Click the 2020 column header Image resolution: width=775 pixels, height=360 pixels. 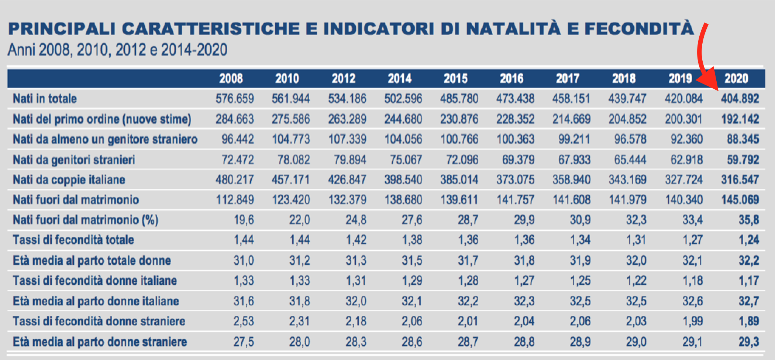pos(736,78)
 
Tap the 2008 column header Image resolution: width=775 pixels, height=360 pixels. pos(231,78)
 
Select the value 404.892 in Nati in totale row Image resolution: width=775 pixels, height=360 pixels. pos(740,99)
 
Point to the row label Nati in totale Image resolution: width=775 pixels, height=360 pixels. pos(45,99)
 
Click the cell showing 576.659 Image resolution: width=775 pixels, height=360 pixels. pos(235,99)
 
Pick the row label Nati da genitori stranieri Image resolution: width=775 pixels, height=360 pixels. pos(74,160)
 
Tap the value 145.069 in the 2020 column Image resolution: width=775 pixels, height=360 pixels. pos(740,200)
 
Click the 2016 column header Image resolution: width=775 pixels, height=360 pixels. pos(512,78)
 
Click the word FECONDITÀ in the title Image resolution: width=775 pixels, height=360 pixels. pos(639,29)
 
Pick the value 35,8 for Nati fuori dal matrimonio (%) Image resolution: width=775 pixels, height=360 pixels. pos(748,220)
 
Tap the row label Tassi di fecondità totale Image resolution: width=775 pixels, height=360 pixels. pos(73,240)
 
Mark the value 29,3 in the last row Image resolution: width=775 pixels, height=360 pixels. pos(748,342)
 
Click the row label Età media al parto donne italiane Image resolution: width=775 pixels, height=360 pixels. pos(96,301)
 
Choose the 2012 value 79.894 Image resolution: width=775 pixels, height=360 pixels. pos(350,160)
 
